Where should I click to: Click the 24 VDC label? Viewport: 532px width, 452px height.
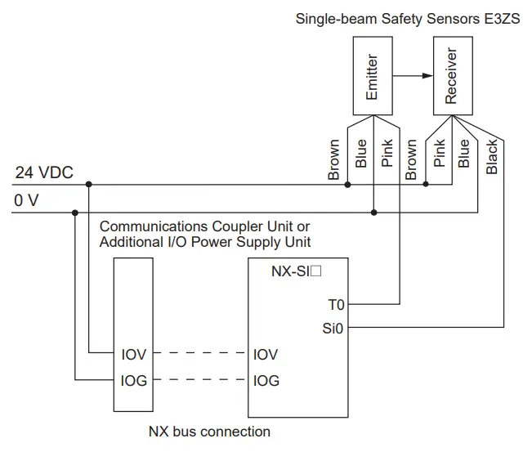point(44,172)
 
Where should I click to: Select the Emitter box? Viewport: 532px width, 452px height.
point(372,78)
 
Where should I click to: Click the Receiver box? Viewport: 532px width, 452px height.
point(450,78)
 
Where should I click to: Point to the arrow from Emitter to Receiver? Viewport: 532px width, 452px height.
point(412,77)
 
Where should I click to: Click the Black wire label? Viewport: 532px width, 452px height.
point(492,157)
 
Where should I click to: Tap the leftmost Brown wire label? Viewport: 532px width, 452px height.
point(334,159)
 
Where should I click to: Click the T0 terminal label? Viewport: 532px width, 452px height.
point(336,305)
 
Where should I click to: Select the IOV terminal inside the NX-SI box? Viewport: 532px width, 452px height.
point(266,355)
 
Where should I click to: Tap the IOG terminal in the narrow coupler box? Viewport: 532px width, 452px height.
point(134,381)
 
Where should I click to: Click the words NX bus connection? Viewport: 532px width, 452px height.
point(209,431)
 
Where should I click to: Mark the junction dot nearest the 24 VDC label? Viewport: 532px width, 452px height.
point(88,185)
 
